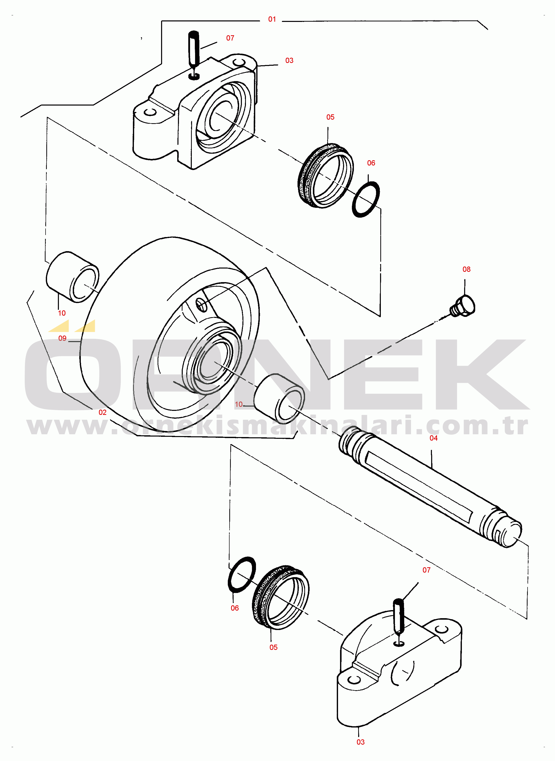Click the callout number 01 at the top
tap(272, 19)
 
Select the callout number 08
tap(466, 269)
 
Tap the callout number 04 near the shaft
tap(433, 438)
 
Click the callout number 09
tap(62, 338)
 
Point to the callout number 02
tap(102, 412)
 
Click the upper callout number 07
tap(230, 38)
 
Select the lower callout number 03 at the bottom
tap(360, 742)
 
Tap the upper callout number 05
tap(330, 117)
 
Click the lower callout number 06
tap(235, 608)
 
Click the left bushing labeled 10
tap(72, 277)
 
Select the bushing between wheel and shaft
tap(279, 399)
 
